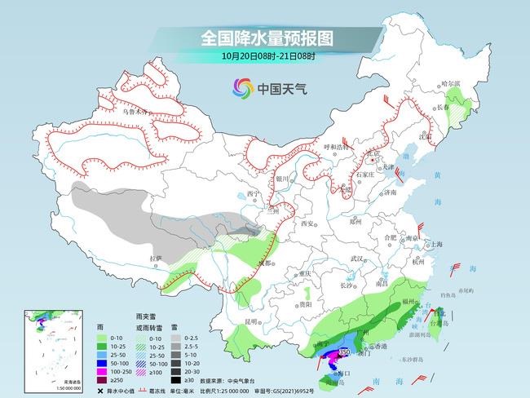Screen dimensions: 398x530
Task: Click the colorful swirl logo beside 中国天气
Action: [243, 87]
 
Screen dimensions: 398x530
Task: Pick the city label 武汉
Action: [355, 259]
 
